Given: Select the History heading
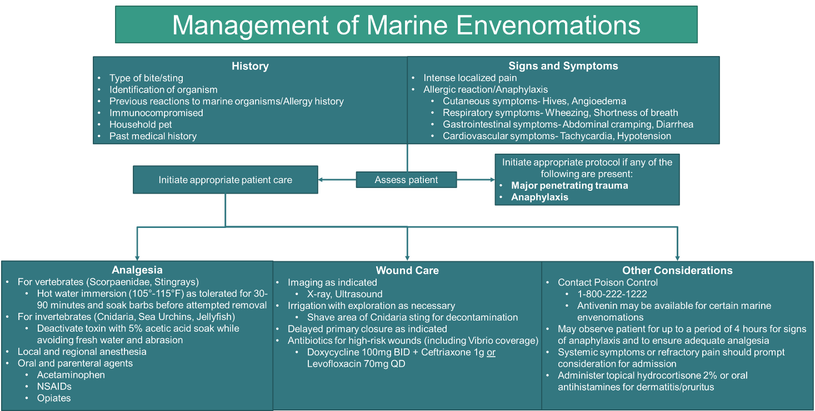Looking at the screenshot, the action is pos(250,66).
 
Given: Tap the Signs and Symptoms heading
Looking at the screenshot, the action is pos(563,66).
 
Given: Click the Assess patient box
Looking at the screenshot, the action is pos(406,180).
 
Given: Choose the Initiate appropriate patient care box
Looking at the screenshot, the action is pos(225,180).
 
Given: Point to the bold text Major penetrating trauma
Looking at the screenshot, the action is pos(569,185).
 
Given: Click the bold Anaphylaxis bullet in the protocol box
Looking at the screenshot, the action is pos(539,197).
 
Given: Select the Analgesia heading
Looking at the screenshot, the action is pos(137,270).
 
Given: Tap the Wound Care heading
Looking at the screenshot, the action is pos(407,271).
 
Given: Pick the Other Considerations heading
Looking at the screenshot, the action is pos(677,271).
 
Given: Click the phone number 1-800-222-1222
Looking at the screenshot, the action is pos(612,294).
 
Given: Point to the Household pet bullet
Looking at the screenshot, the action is pos(141,124).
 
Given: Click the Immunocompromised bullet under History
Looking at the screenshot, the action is pos(156,113).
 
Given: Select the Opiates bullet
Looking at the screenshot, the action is pos(54,398).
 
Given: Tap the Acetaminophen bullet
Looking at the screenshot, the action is pos(71,375).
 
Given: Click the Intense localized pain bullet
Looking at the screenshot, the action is pos(470,78).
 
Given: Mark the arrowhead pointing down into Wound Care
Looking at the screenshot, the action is pos(407,257).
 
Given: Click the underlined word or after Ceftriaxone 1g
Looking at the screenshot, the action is pos(491,352).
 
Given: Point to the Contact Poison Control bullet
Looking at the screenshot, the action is pos(608,282).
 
